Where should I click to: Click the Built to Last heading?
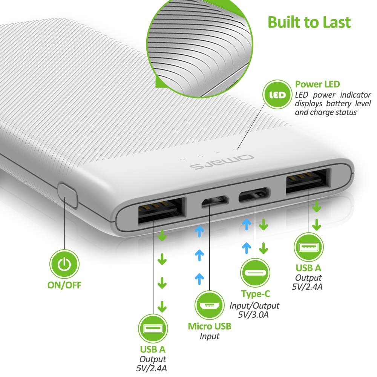(309, 22)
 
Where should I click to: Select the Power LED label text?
(317, 84)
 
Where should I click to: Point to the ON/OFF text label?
(64, 285)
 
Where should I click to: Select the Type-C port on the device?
(255, 195)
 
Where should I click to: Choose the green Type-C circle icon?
(255, 272)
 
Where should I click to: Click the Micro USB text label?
(210, 326)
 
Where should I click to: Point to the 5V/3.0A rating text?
(254, 315)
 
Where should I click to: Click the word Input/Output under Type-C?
(254, 305)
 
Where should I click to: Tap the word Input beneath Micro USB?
(210, 336)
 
